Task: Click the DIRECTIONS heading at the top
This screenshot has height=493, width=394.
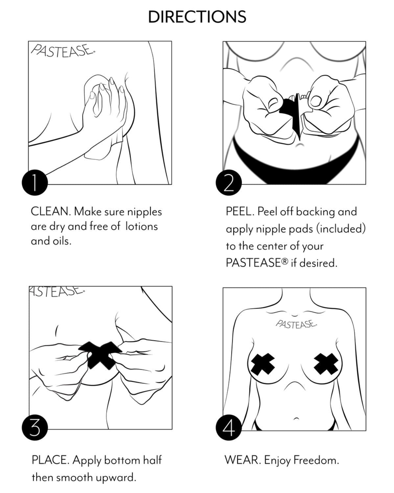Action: point(197,17)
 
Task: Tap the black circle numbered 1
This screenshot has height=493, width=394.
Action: point(35,183)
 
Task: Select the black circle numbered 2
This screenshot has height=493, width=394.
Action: point(229,183)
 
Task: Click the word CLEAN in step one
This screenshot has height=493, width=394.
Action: point(50,211)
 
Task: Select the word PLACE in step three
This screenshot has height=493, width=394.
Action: point(50,460)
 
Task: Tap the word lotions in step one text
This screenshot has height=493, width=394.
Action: point(141,227)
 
